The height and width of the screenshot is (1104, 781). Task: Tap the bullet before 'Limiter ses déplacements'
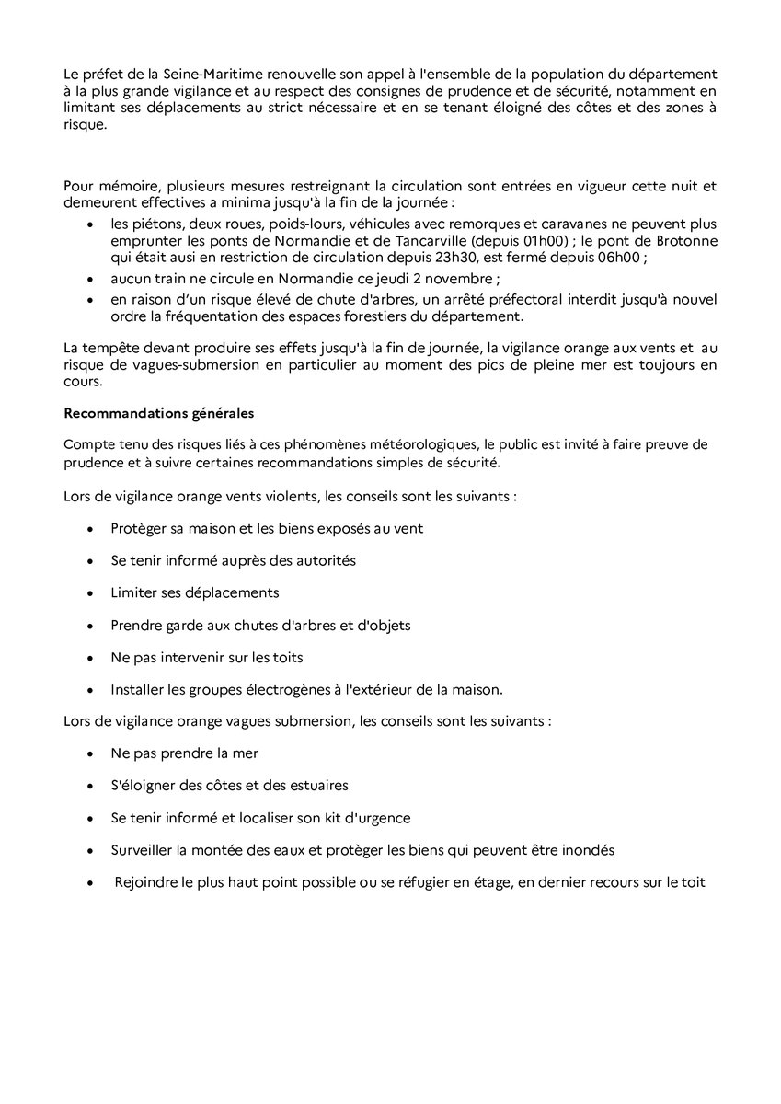tap(88, 592)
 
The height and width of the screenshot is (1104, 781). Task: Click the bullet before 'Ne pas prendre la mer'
tap(88, 753)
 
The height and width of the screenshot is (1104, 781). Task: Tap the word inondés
tap(585, 849)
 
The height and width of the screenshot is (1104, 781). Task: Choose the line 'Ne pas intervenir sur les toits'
tap(207, 657)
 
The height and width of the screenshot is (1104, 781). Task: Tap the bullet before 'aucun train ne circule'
tap(88, 280)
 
